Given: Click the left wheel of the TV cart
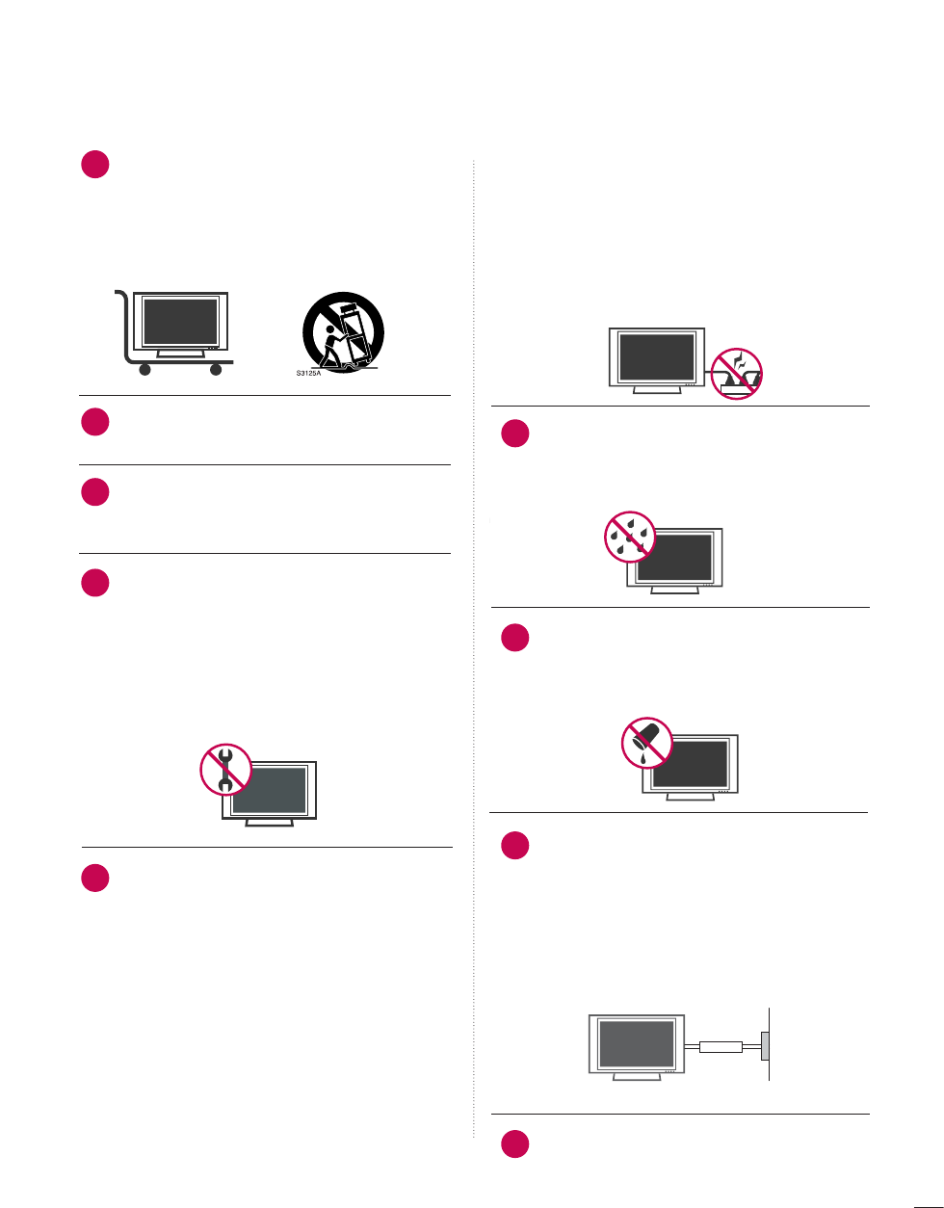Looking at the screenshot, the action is tap(145, 368).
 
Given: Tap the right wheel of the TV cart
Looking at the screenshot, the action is tap(215, 368).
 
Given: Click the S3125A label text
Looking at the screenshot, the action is tap(308, 372).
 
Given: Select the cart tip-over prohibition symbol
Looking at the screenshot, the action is tap(343, 333).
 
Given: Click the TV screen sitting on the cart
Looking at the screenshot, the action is tap(180, 322).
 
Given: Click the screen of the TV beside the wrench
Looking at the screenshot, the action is tap(269, 790).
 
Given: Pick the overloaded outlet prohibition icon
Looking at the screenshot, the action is tap(737, 372).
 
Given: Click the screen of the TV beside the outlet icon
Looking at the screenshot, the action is tap(657, 357).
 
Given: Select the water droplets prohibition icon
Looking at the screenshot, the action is tap(630, 536).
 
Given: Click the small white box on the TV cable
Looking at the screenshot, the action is tap(721, 1046).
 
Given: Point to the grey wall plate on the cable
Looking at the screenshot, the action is tap(765, 1046).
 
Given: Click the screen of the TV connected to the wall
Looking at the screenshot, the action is tap(637, 1044).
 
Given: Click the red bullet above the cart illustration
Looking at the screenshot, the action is tap(94, 165).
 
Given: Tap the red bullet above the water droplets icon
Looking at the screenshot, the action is tap(515, 434).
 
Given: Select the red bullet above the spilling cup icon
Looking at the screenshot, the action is tap(515, 639).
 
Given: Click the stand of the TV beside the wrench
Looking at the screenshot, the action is tap(269, 823).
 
